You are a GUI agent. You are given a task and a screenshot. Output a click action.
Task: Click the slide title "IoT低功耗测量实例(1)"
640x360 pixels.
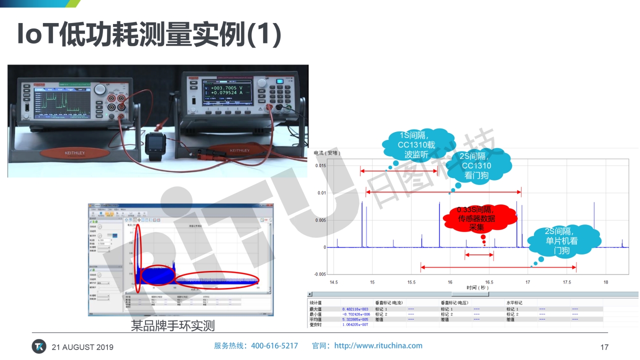point(149,34)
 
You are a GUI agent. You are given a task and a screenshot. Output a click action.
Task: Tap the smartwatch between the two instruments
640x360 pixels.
point(155,146)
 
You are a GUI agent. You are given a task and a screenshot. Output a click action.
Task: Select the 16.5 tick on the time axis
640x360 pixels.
point(489,282)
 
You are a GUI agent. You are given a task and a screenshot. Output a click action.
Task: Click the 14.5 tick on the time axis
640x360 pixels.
point(333,282)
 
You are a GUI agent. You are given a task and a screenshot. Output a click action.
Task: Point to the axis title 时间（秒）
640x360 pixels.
point(477,288)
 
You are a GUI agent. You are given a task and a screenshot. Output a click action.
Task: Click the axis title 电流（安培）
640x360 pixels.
point(327,153)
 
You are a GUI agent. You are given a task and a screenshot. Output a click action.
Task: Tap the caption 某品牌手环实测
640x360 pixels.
point(172,326)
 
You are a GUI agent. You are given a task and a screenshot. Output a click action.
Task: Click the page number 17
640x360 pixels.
point(604,347)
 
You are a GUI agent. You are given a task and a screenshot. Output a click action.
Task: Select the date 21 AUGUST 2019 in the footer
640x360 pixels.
point(82,347)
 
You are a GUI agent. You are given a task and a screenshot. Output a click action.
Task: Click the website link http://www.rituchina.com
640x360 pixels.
point(378,345)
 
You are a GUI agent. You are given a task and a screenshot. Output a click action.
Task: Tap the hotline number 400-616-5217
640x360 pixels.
point(274,345)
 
